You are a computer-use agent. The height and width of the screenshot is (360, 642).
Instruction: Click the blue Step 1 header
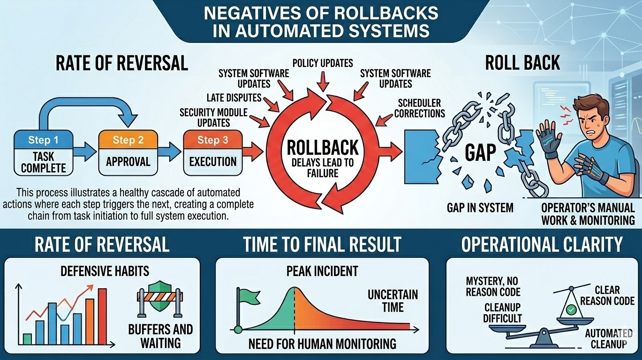[x=43, y=140]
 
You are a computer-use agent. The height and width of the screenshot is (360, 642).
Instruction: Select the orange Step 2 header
[x=128, y=140]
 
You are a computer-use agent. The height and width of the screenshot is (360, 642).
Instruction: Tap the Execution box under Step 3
[x=213, y=162]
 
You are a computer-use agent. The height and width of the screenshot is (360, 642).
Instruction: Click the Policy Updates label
[x=322, y=62]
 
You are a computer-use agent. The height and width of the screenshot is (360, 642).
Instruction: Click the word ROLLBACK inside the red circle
[x=322, y=149]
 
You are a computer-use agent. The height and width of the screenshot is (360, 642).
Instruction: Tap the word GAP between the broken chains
[x=480, y=154]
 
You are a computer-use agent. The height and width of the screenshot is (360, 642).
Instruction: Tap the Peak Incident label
[x=322, y=271]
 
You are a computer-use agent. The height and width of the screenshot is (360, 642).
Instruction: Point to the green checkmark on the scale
[x=570, y=310]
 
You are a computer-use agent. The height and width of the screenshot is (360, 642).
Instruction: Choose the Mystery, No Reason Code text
[x=493, y=286]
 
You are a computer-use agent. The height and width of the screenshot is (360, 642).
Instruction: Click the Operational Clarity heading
[x=542, y=244]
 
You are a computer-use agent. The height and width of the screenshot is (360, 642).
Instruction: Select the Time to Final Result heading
[x=322, y=244]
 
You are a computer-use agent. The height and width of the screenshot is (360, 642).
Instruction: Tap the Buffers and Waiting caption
[x=160, y=336]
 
